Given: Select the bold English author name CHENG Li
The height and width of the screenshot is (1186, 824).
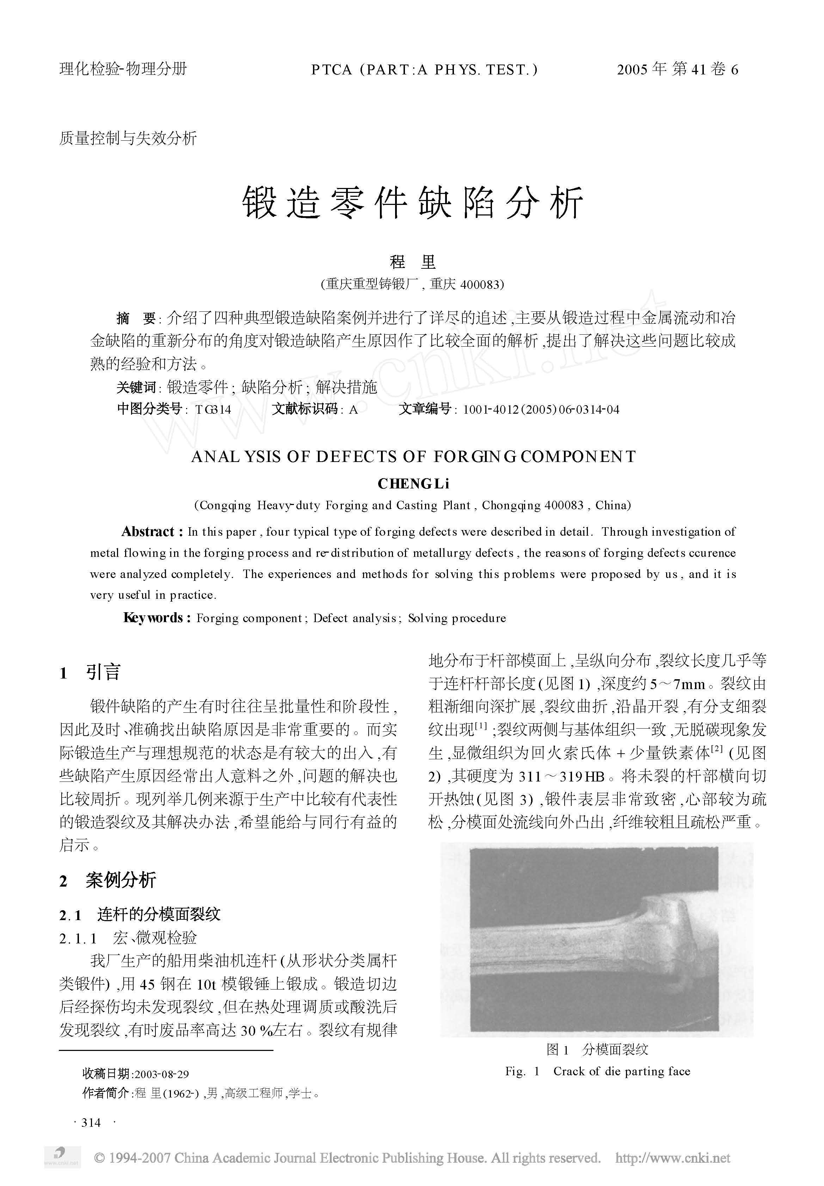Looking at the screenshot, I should point(413,484).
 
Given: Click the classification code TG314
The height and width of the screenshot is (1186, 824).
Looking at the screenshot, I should point(213,410).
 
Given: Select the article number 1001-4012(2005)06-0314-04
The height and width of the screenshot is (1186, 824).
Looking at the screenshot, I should point(541,410).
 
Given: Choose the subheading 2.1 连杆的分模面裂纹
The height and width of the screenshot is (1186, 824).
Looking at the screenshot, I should point(140,915).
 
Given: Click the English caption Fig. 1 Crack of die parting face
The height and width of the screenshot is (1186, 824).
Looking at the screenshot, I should point(597,1071).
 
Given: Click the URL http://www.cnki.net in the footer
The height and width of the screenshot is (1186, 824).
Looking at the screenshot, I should point(673,1157).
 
